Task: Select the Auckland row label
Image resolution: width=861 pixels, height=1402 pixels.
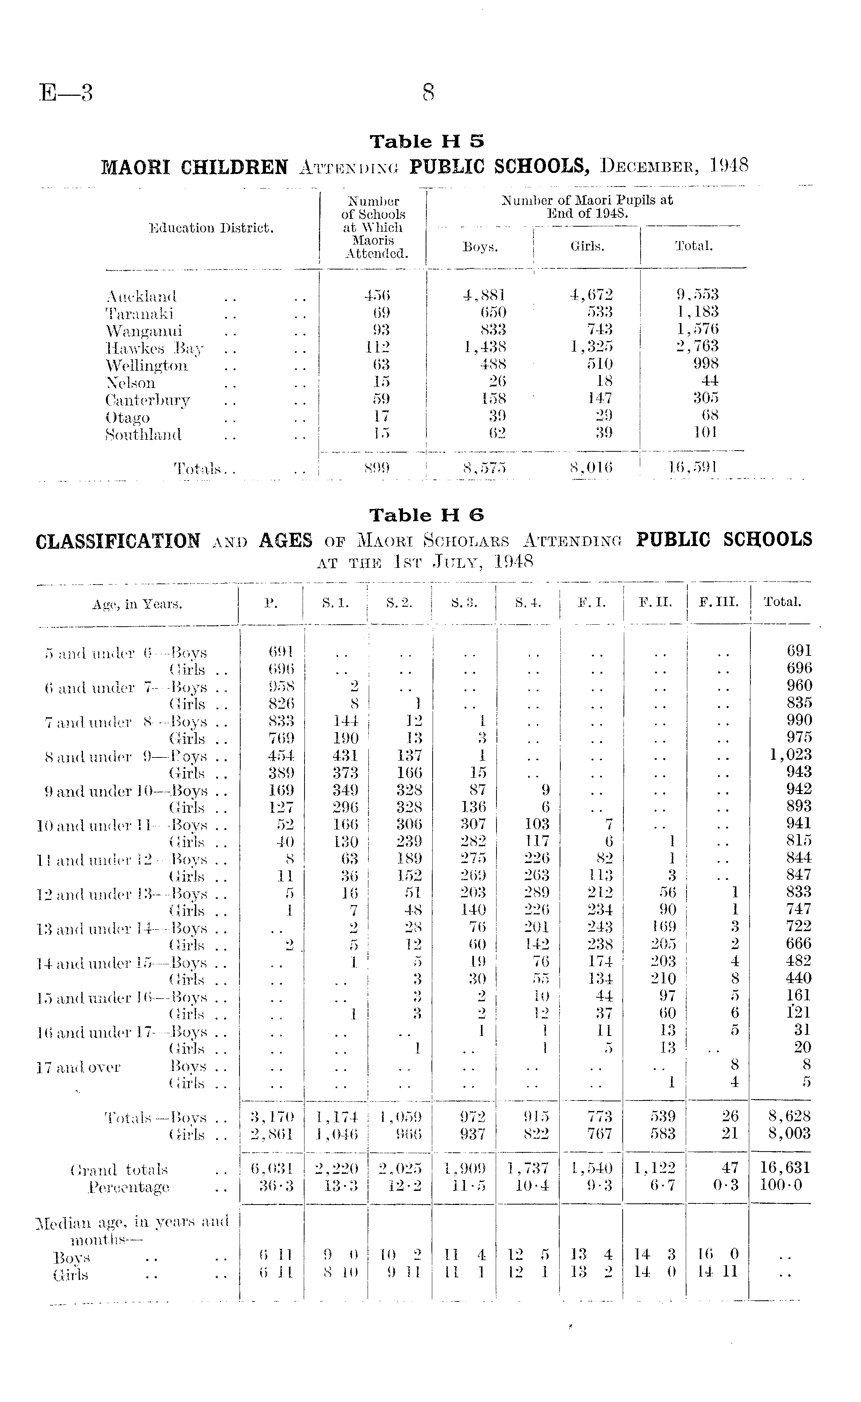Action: click(141, 296)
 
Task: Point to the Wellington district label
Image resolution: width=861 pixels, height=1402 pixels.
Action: click(146, 365)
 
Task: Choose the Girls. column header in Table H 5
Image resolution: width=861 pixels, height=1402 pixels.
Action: click(587, 246)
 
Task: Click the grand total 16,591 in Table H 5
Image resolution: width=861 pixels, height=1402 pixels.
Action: click(693, 468)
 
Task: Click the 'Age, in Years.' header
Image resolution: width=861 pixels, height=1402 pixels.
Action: click(137, 604)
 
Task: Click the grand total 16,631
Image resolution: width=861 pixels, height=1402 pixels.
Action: click(785, 1168)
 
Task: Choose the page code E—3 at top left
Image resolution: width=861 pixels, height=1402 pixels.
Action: click(66, 93)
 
